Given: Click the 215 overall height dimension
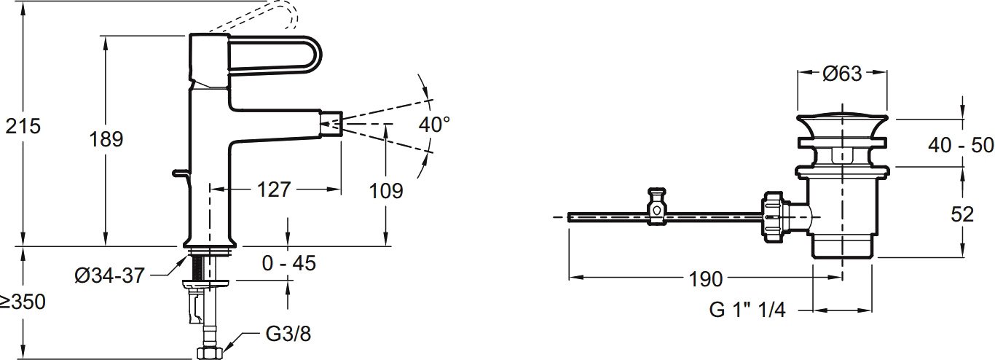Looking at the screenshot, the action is [23, 126].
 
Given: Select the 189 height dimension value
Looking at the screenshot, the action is [106, 139].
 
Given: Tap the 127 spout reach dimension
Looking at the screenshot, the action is [274, 189].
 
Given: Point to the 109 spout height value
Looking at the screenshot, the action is [386, 191].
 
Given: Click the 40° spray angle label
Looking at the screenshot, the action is [434, 125].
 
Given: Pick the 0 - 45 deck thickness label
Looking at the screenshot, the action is [288, 263].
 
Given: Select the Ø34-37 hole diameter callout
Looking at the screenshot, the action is [110, 275].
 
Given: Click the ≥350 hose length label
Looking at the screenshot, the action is [23, 302].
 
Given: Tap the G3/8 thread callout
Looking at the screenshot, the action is [288, 334].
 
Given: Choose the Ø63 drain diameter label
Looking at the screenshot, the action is [842, 74].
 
